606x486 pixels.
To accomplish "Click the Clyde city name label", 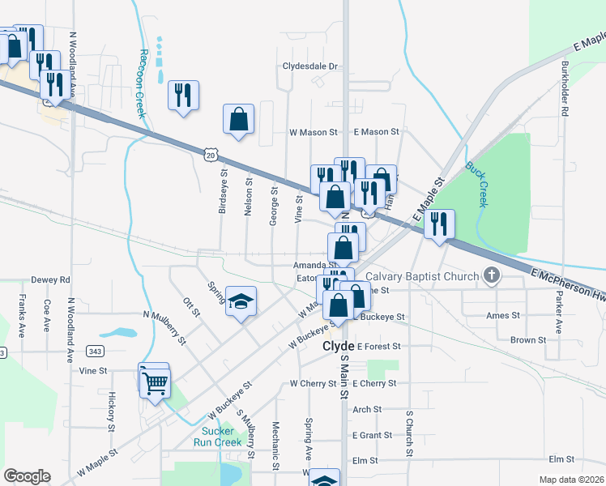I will [x=339, y=346].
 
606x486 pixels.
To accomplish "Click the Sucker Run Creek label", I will [x=218, y=437].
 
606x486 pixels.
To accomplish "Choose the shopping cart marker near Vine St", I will [x=155, y=382].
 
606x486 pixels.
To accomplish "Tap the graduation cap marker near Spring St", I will [x=241, y=302].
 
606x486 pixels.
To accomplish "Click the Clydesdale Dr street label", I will [x=309, y=67].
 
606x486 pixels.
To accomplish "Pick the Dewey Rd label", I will [x=51, y=280].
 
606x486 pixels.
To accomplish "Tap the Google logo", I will [x=27, y=476].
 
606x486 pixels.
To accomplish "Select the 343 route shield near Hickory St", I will [x=96, y=351].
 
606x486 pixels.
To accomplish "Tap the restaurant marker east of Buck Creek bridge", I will [x=439, y=224].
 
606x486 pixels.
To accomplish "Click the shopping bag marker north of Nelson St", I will [x=239, y=119].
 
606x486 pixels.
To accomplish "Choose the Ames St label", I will [x=502, y=315].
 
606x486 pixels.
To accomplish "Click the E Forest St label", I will [x=378, y=347].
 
